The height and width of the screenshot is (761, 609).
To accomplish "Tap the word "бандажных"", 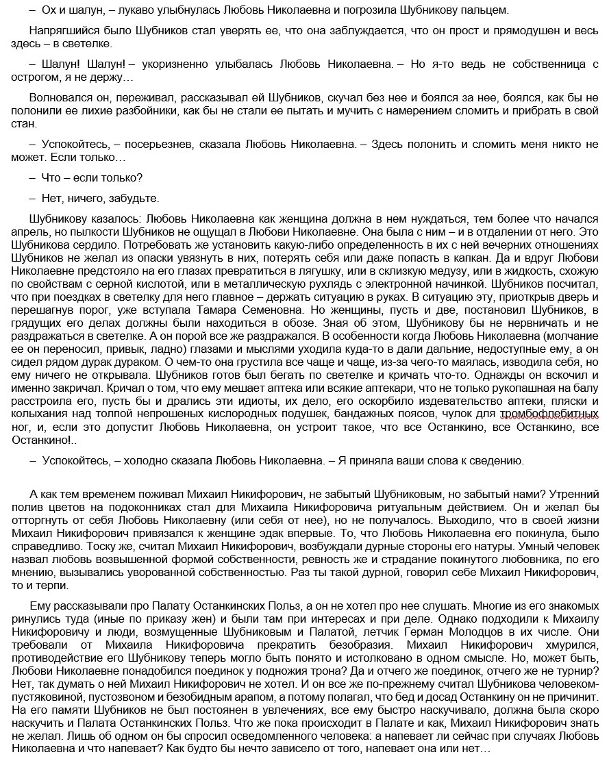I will pyautogui.click(x=386, y=416).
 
